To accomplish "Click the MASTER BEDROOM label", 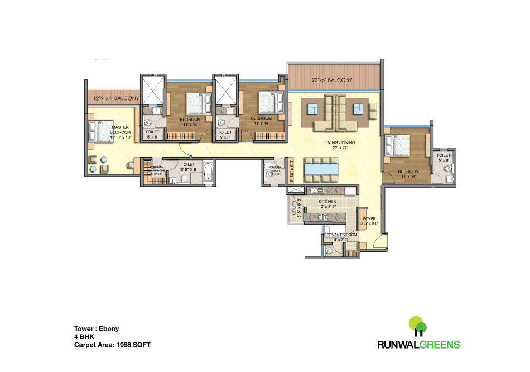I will (121, 130).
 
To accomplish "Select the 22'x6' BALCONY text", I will (332, 80).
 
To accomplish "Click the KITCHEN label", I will (327, 201).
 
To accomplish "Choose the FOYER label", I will (369, 219).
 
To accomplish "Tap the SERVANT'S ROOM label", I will (340, 235).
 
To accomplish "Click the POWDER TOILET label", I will (274, 169).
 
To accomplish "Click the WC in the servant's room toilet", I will (329, 251).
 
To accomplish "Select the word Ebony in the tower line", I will (109, 329).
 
